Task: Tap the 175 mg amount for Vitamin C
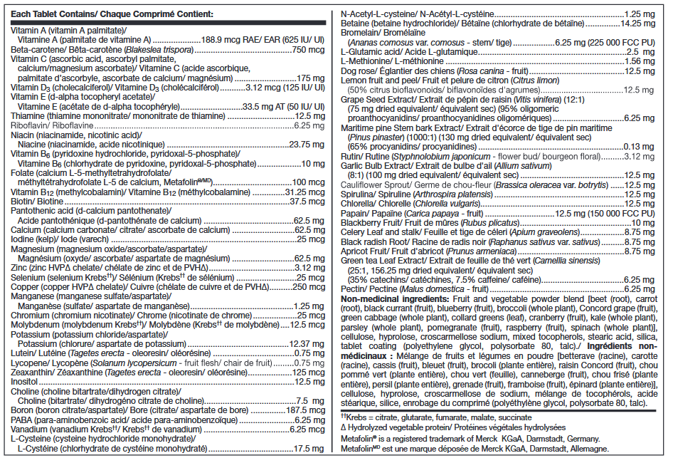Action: coord(310,78)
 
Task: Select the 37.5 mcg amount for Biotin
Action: coord(307,202)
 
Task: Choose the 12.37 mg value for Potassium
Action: coord(306,343)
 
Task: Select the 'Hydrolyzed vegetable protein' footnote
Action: coord(398,427)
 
